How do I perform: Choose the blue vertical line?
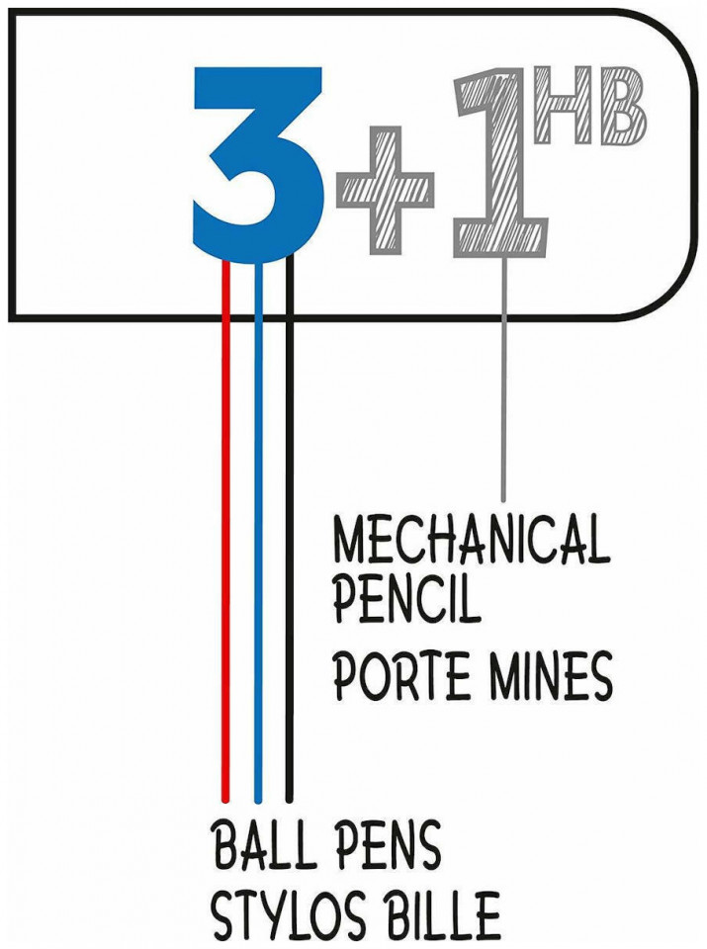click(x=258, y=532)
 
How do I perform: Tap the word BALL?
click(x=260, y=843)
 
